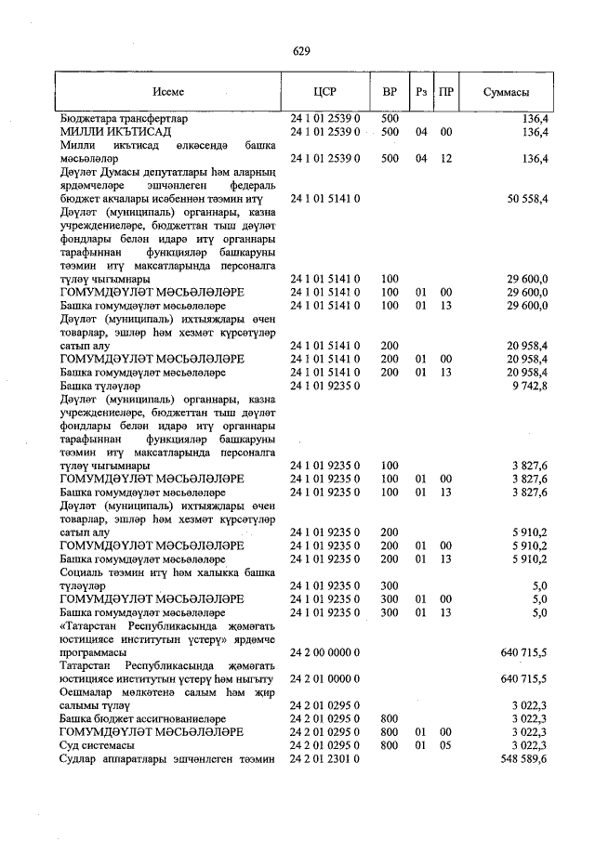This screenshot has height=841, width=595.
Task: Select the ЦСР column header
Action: pyautogui.click(x=324, y=93)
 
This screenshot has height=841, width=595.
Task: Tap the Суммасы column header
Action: pyautogui.click(x=507, y=93)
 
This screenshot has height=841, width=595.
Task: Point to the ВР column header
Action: pyautogui.click(x=390, y=93)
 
